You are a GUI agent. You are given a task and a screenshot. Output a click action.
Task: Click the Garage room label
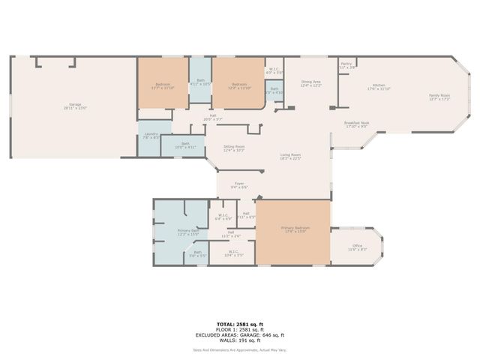[x=74, y=106]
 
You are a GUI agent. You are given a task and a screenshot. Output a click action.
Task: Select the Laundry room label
[x=150, y=135]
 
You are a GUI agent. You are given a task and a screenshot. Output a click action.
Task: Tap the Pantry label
[x=346, y=65]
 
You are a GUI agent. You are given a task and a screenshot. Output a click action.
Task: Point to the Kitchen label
[x=376, y=87]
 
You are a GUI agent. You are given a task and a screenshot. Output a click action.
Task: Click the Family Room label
[x=439, y=97]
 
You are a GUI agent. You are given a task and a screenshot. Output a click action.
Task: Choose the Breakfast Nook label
[x=356, y=124]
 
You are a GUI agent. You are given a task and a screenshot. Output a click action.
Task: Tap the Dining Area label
[x=311, y=83]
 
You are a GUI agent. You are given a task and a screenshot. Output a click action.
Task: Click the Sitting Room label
[x=235, y=148]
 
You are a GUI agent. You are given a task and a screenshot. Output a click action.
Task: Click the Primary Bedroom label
[x=294, y=229]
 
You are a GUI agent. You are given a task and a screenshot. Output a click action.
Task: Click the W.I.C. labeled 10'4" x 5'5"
[x=233, y=253]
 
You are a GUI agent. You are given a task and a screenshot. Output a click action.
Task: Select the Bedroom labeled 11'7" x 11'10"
[x=163, y=85]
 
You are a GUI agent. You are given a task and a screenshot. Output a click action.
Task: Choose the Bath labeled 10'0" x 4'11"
[x=184, y=145]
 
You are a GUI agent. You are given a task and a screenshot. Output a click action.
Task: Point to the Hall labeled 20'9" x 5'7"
[x=212, y=117]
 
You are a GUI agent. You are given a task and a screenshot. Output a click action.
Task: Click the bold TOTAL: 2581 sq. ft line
[x=239, y=324]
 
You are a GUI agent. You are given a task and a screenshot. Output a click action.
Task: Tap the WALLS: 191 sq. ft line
[x=239, y=340]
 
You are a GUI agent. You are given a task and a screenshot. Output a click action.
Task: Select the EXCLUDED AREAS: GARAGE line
[x=239, y=334]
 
